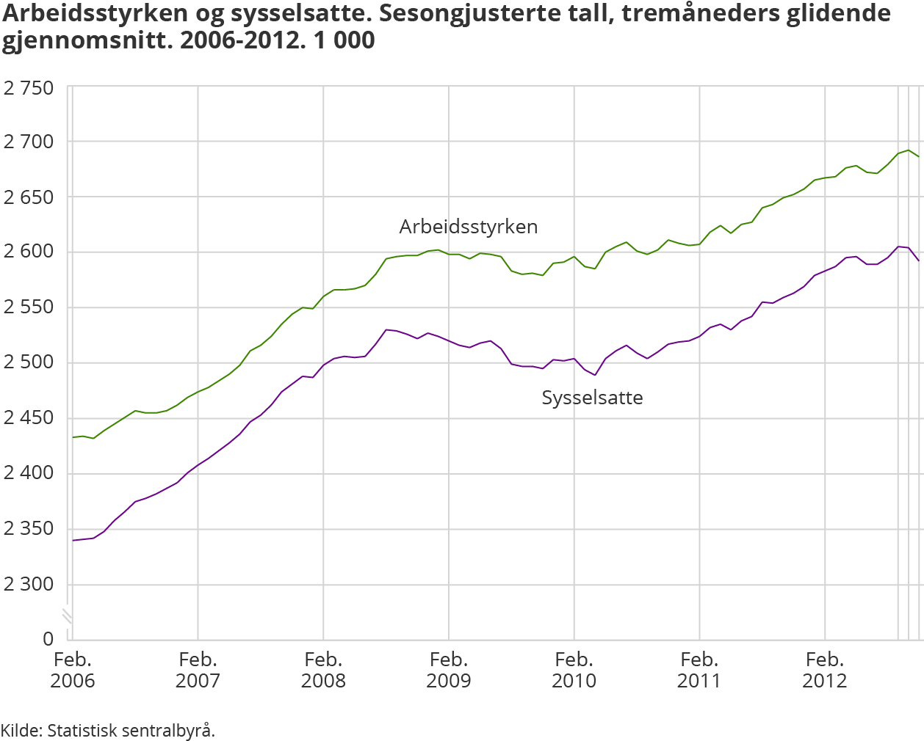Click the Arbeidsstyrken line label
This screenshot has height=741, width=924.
pos(468,227)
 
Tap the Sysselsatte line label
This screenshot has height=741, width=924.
pos(592,398)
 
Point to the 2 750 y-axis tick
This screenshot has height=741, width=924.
pos(29,88)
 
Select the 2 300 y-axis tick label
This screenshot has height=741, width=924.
pos(29,584)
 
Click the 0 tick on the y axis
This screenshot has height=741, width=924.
pos(48,638)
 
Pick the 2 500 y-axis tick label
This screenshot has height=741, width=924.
pos(29,362)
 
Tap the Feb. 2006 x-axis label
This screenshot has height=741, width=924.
pos(73,670)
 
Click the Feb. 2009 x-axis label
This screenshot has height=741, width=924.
pos(449,670)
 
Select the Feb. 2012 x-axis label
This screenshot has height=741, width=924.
pos(824,670)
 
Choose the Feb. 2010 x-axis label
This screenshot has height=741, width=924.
pos(574,670)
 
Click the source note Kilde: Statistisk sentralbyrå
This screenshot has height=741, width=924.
pos(108,730)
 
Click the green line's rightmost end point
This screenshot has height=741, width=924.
pos(919,156)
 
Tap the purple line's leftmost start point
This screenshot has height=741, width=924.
pos(73,540)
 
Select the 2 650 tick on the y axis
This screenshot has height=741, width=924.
pos(29,197)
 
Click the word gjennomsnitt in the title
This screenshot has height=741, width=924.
pos(87,40)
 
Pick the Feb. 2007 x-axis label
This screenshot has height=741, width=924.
pos(198,670)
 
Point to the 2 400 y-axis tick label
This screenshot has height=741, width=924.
pos(29,472)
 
